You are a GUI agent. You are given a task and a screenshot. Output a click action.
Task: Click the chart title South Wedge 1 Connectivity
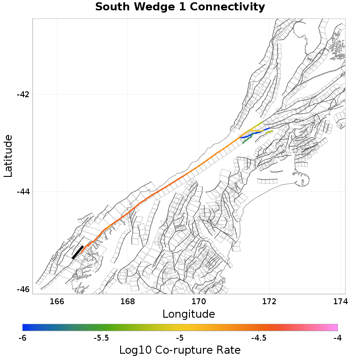click(180, 7)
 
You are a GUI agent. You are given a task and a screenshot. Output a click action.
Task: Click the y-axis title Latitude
click(8, 156)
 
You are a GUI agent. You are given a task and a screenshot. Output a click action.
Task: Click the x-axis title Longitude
click(189, 314)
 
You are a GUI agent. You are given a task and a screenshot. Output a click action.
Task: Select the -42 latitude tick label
click(23, 94)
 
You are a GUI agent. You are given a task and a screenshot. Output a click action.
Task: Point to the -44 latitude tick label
click(23, 192)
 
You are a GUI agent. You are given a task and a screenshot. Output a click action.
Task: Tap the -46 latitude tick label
click(23, 289)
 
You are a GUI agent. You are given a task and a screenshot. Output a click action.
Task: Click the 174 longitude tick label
click(340, 301)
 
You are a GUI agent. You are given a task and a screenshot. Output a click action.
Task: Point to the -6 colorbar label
click(22, 337)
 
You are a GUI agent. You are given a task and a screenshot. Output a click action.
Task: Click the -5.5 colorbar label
click(101, 337)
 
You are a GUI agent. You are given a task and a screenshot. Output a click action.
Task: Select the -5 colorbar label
click(180, 337)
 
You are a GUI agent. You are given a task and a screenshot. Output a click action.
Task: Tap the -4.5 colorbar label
click(259, 337)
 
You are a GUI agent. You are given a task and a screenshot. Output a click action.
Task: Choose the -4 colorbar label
click(337, 337)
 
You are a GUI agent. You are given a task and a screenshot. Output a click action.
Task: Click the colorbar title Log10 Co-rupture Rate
click(180, 350)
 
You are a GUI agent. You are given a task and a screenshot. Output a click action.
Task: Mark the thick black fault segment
click(77, 252)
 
